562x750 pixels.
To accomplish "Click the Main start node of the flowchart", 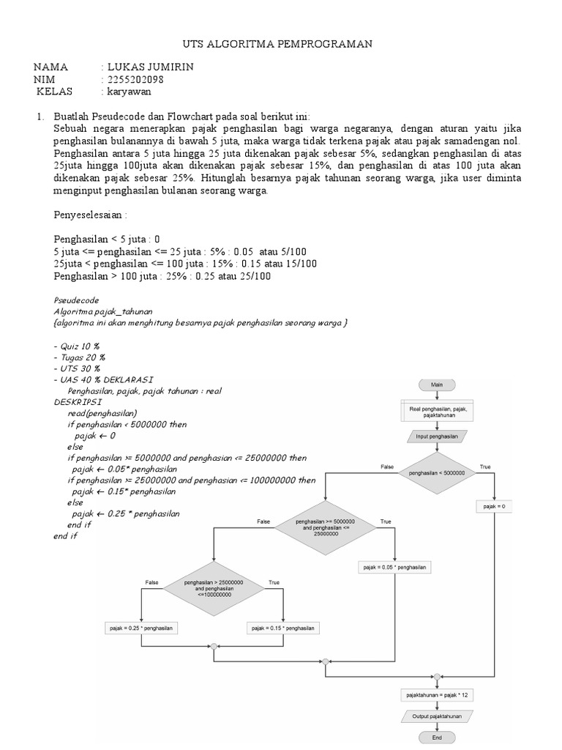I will pyautogui.click(x=436, y=385).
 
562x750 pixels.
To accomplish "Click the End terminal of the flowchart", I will pyautogui.click(x=436, y=738).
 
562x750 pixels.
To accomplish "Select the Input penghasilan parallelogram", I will pyautogui.click(x=436, y=437).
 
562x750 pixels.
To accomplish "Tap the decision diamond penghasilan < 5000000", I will pyautogui.click(x=436, y=473).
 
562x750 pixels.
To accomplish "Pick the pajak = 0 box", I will pyautogui.click(x=495, y=506).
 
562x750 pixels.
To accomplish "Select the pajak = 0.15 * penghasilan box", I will pyautogui.click(x=282, y=628).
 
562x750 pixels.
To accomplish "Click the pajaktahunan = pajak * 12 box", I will pyautogui.click(x=436, y=693).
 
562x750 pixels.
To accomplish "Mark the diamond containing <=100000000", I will pyautogui.click(x=214, y=588).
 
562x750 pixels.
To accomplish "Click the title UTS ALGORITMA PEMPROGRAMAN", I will pyautogui.click(x=277, y=45).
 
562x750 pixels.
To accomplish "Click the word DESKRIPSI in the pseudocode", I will pyautogui.click(x=78, y=402).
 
